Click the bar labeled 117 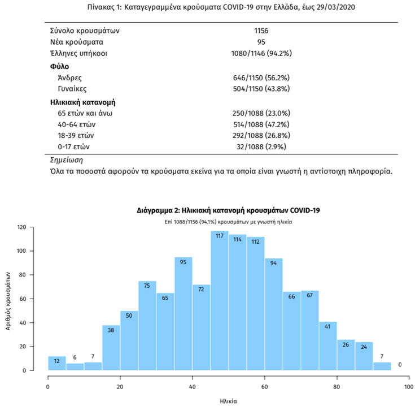(220, 300)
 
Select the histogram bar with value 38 (111, 348)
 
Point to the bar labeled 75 (147, 326)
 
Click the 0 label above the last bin (400, 365)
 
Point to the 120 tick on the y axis (22, 227)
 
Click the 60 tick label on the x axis (264, 387)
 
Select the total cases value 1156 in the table (261, 31)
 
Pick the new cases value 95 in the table (261, 42)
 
